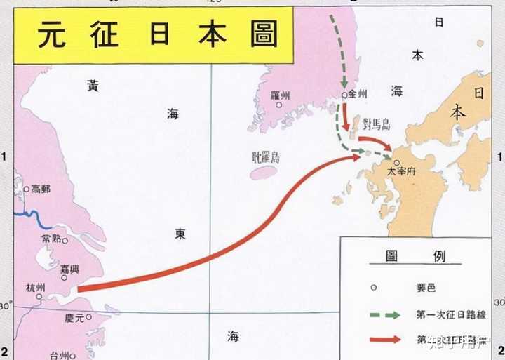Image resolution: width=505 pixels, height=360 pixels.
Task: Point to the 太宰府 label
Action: pos(403,171)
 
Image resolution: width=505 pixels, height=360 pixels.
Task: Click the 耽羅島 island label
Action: pos(266,157)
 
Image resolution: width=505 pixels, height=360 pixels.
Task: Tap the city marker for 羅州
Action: pos(278,106)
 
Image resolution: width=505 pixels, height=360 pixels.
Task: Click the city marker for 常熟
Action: pos(65,241)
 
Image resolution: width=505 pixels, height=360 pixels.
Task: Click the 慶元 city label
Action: pos(74,318)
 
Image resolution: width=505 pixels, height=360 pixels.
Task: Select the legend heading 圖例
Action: pos(415,256)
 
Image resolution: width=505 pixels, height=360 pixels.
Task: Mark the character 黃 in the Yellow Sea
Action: pos(93,86)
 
